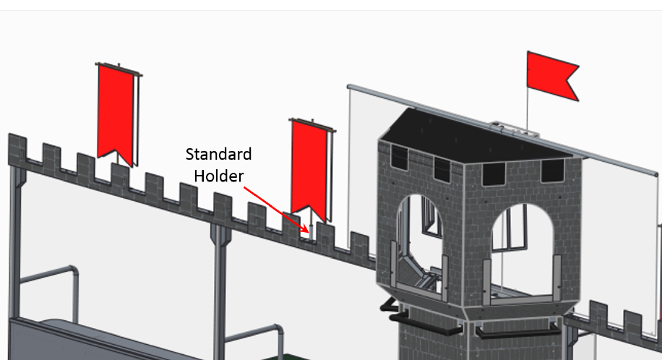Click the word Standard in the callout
[x=218, y=154]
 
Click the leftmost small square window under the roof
[x=398, y=155]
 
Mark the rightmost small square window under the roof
[x=553, y=171]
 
